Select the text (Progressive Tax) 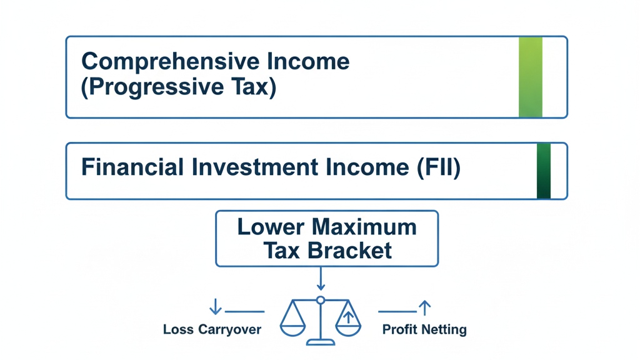point(179,87)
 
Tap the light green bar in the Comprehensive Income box point(531,77)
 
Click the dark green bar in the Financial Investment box point(544,171)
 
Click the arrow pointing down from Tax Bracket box point(321,280)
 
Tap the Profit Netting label point(424,329)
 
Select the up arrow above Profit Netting point(425,307)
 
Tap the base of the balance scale point(321,342)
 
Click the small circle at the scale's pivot point(321,301)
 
